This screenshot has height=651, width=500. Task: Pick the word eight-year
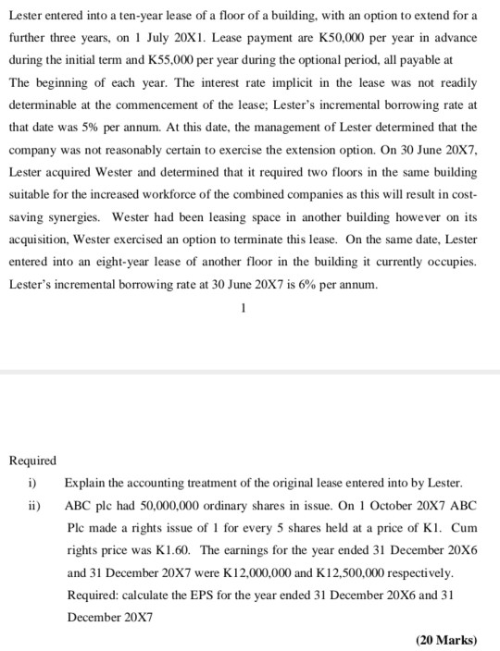click(x=146, y=261)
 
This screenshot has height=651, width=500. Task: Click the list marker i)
click(x=32, y=483)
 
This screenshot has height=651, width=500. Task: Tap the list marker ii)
click(x=34, y=505)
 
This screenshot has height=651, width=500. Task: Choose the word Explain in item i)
click(x=84, y=483)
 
